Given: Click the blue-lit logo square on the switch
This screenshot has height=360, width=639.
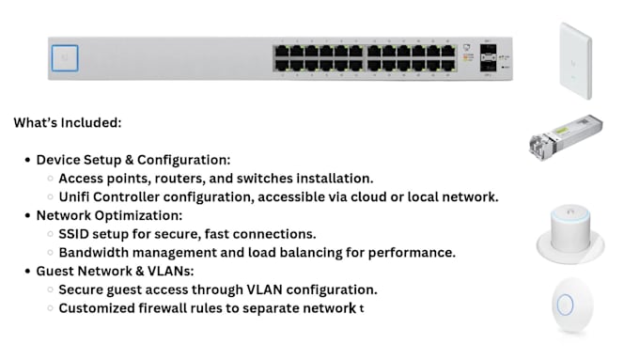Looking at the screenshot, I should tap(65, 58).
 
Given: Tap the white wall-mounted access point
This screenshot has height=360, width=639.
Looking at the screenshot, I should tap(574, 61).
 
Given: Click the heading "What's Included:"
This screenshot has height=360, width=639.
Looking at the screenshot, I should tap(68, 122).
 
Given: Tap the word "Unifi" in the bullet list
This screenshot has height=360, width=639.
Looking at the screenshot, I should tap(76, 196).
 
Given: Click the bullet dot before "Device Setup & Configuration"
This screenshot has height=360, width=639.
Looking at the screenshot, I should tap(26, 160).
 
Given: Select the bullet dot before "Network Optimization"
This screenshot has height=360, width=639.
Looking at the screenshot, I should tap(26, 215).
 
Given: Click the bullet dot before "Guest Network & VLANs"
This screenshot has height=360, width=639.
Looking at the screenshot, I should tap(26, 271).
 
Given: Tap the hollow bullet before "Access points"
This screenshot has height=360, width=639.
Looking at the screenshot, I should tap(49, 179).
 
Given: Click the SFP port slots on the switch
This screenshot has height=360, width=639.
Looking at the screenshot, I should tap(489, 57).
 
